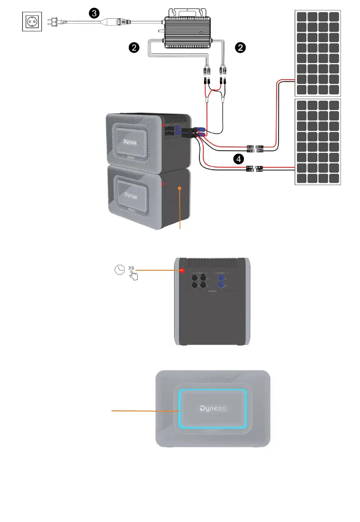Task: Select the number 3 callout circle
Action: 94,13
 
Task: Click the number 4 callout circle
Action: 238,158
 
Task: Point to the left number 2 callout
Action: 133,47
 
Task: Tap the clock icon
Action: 119,270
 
